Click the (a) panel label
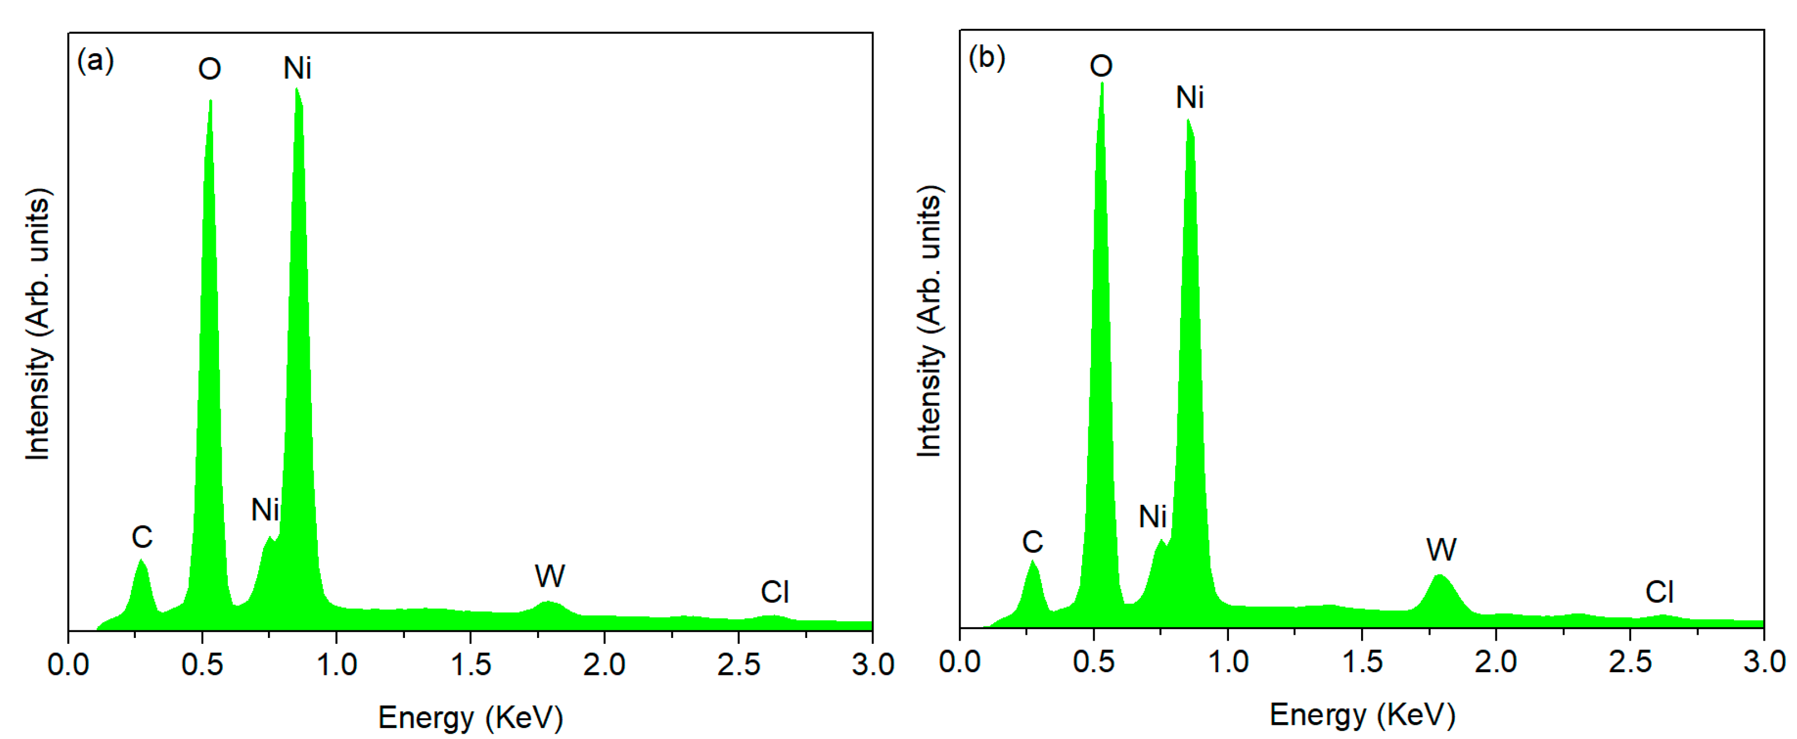[95, 61]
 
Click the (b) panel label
[987, 57]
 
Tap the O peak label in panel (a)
[209, 69]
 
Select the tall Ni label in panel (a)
[297, 68]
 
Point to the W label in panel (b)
[1441, 550]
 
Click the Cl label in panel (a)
[775, 593]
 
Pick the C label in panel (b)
[1032, 542]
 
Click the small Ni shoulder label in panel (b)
[1152, 517]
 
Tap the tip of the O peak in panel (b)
[1101, 84]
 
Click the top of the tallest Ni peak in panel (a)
[297, 90]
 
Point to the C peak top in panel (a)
[142, 561]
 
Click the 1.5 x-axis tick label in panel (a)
[471, 665]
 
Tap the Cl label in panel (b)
[1659, 593]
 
